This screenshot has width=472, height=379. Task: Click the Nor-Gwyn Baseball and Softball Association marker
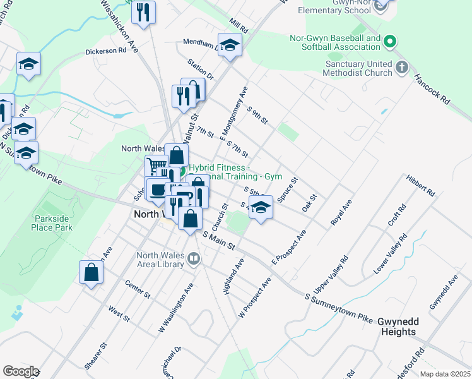click(x=390, y=43)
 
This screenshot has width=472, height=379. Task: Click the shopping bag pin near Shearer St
click(x=91, y=273)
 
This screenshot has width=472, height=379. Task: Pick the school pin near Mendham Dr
click(x=230, y=45)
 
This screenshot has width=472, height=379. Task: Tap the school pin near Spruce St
click(x=259, y=207)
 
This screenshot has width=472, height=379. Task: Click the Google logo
click(x=20, y=371)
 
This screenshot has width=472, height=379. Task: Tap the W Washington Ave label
click(x=175, y=308)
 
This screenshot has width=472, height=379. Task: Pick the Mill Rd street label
click(x=239, y=25)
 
